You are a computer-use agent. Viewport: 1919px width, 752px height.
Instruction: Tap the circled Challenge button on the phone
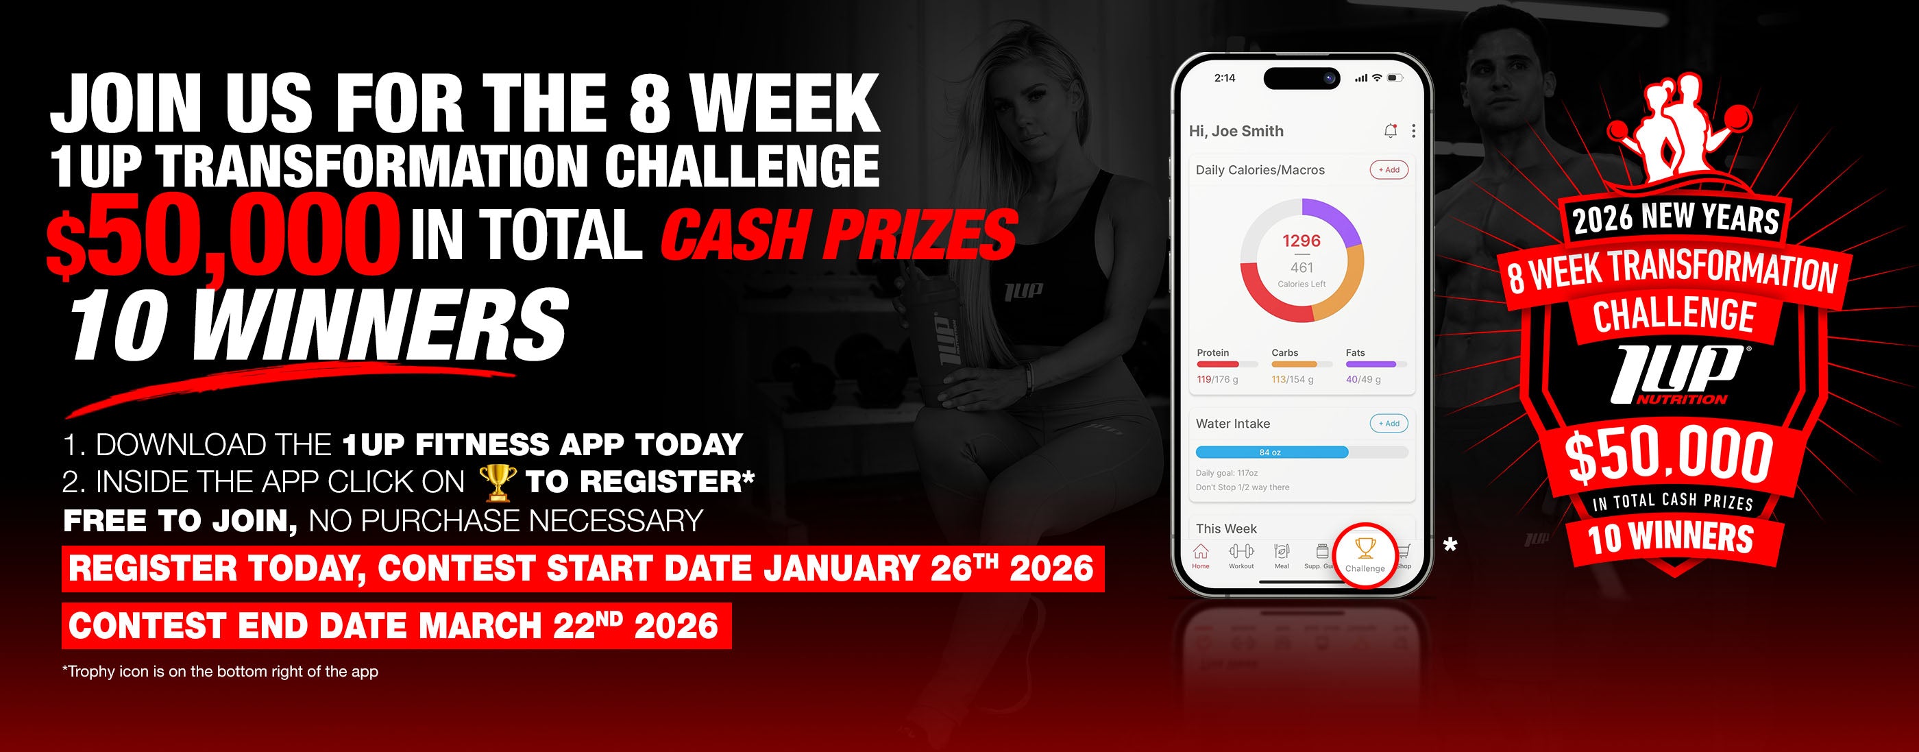1365,556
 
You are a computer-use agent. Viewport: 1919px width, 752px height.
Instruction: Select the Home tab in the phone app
1201,556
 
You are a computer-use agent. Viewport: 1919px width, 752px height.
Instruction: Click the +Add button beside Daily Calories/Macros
1389,170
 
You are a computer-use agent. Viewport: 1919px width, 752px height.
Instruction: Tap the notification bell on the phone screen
1390,131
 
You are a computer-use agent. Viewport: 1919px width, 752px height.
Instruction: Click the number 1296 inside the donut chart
1301,241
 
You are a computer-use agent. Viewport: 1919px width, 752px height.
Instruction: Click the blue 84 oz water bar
1271,452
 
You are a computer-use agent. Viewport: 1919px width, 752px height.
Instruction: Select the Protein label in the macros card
1213,352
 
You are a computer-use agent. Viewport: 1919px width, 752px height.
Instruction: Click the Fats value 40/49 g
1363,379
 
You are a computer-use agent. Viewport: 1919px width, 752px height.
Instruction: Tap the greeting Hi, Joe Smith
1236,131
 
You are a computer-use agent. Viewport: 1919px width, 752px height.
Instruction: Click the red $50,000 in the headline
219,236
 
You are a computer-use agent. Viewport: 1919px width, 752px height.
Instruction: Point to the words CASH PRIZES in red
838,236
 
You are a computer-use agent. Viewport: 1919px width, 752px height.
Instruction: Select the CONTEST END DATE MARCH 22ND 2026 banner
396,625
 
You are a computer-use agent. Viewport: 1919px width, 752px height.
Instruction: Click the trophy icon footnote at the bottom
221,672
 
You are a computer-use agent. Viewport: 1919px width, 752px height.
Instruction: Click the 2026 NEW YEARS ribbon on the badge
1676,219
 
